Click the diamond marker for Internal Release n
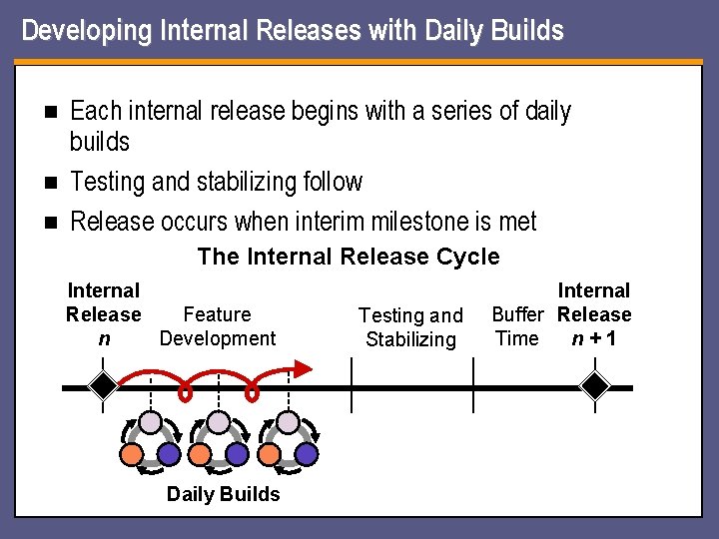point(102,386)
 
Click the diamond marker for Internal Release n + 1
point(596,386)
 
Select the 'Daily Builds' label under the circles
point(223,494)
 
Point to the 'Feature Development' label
point(217,326)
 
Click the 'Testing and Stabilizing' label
point(410,327)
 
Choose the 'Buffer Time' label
point(517,326)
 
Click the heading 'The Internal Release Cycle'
point(349,257)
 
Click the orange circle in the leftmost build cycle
point(132,454)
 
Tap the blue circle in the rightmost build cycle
point(306,454)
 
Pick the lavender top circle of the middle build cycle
point(219,422)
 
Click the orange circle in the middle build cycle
point(200,454)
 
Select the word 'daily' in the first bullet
point(548,111)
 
